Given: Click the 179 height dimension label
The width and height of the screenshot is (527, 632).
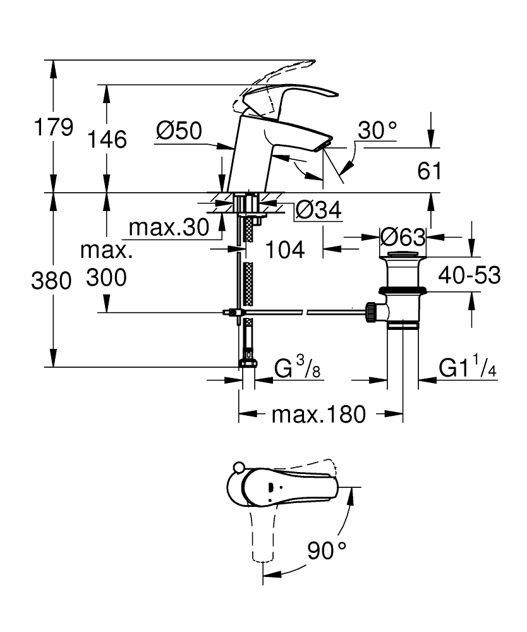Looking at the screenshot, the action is click(x=54, y=127).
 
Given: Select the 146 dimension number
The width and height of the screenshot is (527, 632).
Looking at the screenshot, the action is click(x=107, y=140).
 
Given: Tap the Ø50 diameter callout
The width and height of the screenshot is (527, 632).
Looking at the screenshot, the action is click(x=179, y=131).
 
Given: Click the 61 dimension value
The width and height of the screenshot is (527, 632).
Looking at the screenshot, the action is click(x=430, y=171).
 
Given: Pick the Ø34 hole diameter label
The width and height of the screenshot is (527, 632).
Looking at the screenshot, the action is click(x=318, y=210).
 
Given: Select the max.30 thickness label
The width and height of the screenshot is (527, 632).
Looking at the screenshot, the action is click(x=169, y=228).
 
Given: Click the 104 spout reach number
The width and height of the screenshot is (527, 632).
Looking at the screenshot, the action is click(x=285, y=250).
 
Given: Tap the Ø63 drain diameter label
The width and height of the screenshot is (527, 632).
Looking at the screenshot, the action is click(x=403, y=237).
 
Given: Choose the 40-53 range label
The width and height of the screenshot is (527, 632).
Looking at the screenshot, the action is click(x=469, y=275).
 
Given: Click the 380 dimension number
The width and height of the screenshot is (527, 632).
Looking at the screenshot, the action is click(x=52, y=280).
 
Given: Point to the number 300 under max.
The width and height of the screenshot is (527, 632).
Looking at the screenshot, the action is click(x=106, y=277).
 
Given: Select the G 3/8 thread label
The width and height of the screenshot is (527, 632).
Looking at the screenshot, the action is click(x=297, y=367).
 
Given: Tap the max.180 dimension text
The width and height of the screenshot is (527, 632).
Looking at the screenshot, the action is click(x=318, y=414).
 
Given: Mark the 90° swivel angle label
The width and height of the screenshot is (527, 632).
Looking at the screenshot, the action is click(x=327, y=550).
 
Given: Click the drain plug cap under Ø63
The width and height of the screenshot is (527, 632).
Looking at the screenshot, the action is click(x=403, y=254).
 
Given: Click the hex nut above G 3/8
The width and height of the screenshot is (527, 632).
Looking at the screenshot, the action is click(x=248, y=362).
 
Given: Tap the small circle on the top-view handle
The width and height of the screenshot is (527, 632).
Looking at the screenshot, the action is click(x=238, y=468).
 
